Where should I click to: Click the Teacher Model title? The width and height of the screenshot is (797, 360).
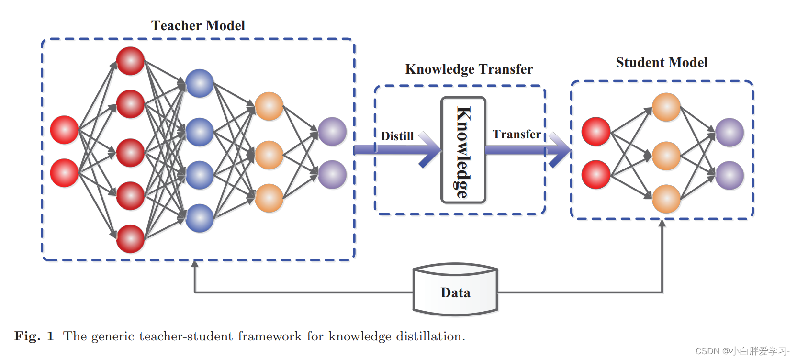click(198, 25)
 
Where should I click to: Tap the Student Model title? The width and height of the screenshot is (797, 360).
click(662, 63)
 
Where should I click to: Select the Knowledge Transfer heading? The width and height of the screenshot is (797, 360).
click(469, 69)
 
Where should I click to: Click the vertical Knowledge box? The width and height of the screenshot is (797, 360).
click(463, 150)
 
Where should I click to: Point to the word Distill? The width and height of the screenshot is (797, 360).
click(397, 136)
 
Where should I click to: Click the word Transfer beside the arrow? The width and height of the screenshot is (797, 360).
click(516, 135)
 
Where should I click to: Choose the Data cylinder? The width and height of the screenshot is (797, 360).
click(455, 290)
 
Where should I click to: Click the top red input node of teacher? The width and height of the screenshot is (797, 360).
click(64, 130)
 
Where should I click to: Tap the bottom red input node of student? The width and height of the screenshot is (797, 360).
click(595, 175)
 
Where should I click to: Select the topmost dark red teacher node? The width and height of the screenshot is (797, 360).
click(130, 61)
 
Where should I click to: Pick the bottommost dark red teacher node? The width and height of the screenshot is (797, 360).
click(130, 238)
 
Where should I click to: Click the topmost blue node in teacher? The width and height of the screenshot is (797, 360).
click(199, 83)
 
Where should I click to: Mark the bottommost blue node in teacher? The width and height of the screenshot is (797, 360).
click(199, 218)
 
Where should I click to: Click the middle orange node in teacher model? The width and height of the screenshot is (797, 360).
click(269, 155)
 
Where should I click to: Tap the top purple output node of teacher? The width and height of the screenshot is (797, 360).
click(332, 132)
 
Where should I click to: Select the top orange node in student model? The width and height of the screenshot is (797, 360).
click(666, 107)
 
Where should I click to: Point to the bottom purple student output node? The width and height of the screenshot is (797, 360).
click(730, 175)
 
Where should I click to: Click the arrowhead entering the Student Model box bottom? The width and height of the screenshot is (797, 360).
click(662, 223)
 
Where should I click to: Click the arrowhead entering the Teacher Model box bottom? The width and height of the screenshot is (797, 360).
click(195, 264)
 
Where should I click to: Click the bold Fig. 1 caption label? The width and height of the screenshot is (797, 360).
click(34, 337)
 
